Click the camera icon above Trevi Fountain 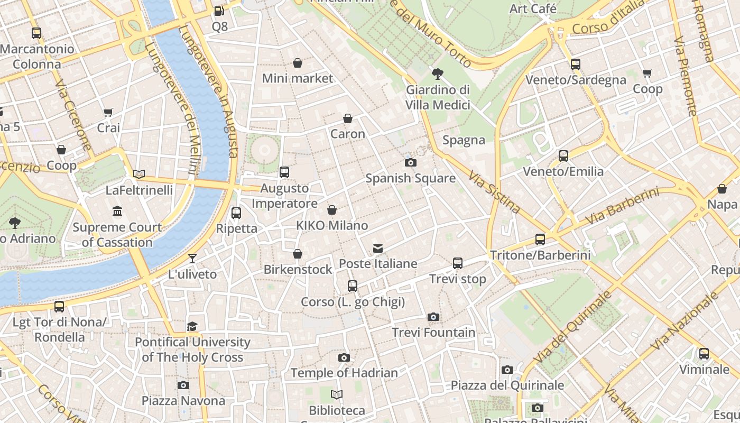(433, 317)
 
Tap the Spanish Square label (410, 178)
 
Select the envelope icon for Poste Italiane (378, 248)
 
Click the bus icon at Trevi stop (458, 263)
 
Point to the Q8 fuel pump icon (219, 11)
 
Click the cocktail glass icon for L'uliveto (192, 258)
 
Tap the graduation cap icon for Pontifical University (192, 326)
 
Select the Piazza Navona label (183, 401)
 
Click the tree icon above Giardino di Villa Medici (437, 73)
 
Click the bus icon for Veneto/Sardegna (576, 65)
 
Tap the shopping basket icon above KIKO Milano (332, 210)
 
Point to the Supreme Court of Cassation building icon (117, 212)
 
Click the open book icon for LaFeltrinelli (139, 174)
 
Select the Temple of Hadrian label (344, 373)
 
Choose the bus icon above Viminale (704, 353)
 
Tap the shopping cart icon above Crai (108, 112)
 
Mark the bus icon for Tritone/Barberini (540, 239)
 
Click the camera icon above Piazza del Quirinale (507, 370)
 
